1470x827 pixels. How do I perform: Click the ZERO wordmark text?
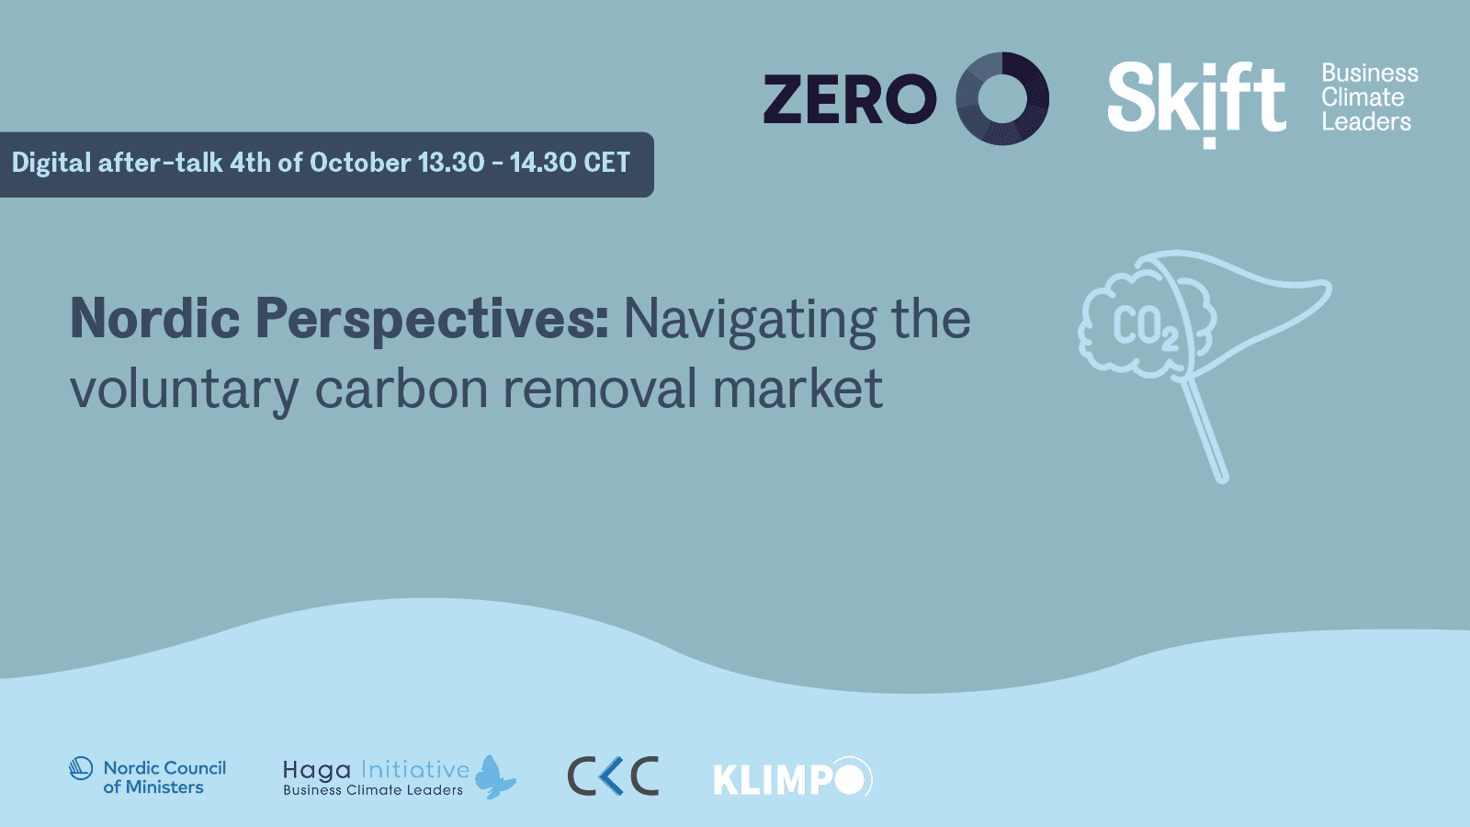[x=850, y=99]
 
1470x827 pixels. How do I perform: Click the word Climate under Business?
[x=1363, y=97]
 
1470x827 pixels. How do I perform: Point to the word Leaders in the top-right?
[x=1366, y=121]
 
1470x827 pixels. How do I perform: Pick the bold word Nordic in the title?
[x=155, y=318]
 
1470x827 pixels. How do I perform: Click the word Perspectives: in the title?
[x=432, y=321]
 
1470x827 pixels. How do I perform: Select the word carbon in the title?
[x=401, y=388]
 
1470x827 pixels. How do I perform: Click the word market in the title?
[x=797, y=388]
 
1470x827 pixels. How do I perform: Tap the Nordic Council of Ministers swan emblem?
[x=81, y=768]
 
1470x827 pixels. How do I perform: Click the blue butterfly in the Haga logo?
[x=495, y=776]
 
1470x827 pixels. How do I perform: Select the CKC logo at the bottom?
[x=613, y=776]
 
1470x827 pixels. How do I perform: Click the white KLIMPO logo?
[x=793, y=777]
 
